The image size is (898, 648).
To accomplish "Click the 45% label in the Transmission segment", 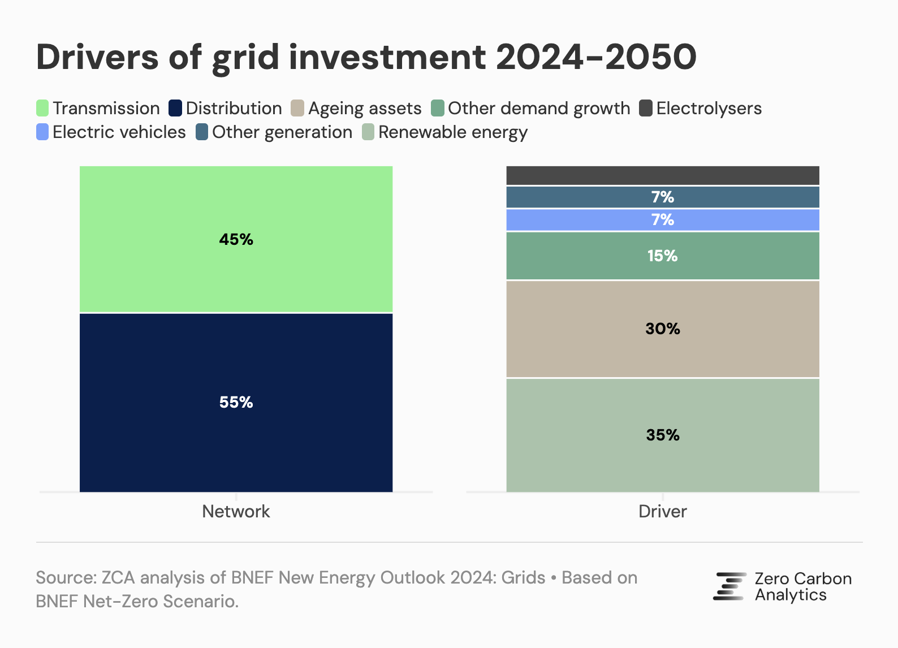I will pos(236,240).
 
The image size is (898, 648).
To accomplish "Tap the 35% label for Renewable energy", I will pos(662,435).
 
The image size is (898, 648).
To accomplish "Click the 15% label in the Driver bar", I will pos(662,256).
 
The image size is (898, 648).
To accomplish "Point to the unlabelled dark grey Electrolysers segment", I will pos(662,175).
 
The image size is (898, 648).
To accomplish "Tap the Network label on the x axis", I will pos(236,511).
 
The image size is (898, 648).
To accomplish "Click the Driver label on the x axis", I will pos(662,511).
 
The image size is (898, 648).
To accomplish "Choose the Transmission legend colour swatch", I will pos(42,108).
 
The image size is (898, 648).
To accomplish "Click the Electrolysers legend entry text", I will pos(709,108).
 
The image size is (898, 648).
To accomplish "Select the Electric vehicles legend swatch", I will pos(42,132).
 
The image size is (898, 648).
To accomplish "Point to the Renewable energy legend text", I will pos(452,132).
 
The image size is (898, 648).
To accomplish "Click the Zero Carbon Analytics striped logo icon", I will pos(729,586).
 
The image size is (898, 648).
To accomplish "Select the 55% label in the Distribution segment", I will pos(236,402).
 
